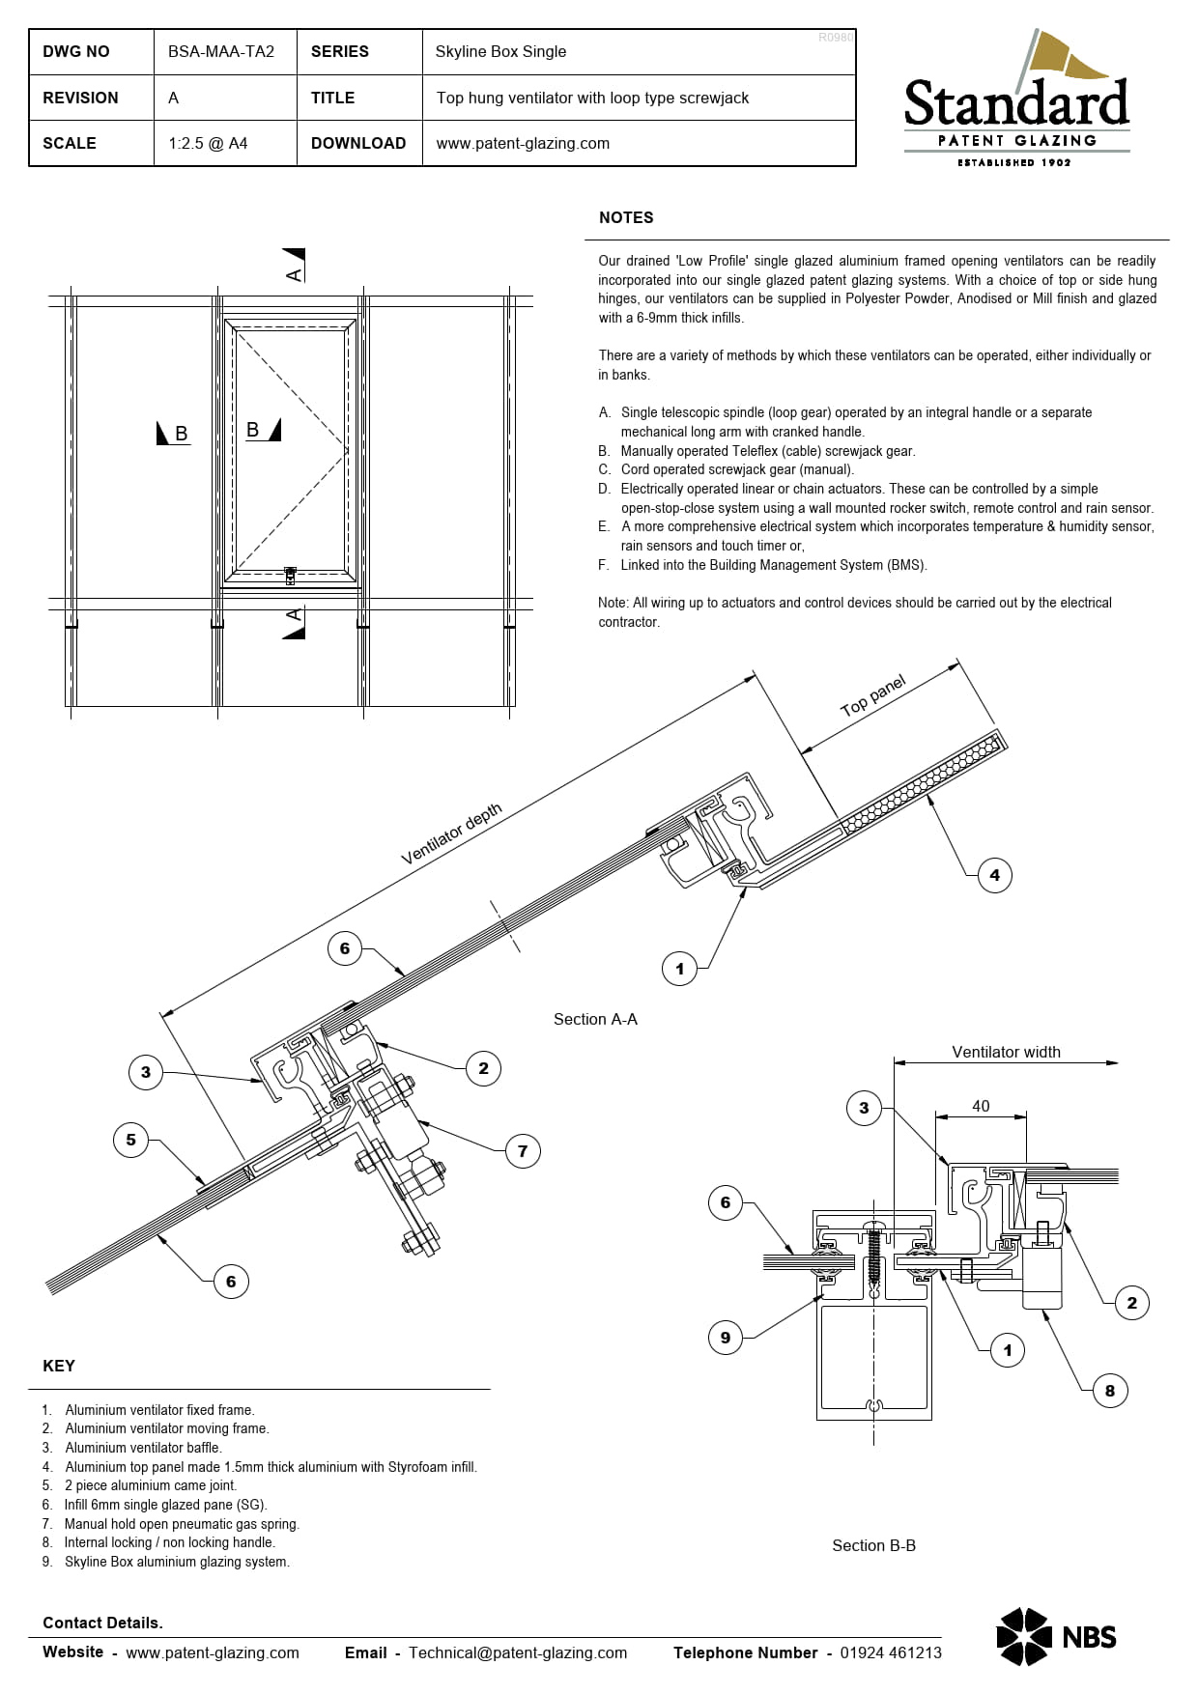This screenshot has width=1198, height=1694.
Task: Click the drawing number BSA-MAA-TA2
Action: click(221, 51)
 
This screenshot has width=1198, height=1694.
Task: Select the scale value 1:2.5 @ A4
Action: click(208, 143)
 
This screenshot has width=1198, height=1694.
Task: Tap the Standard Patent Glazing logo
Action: click(1016, 100)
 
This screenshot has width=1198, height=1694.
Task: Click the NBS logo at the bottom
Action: click(1056, 1636)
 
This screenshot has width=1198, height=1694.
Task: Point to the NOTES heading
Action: click(626, 217)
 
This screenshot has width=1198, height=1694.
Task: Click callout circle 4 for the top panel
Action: click(994, 875)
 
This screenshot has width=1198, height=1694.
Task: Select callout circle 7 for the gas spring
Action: click(523, 1150)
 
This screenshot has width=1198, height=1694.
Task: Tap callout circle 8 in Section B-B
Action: click(1109, 1391)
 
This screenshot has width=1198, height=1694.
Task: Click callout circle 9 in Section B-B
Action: click(726, 1338)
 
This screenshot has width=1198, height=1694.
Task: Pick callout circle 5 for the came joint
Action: click(131, 1140)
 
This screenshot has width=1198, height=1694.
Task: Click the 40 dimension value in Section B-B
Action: click(981, 1106)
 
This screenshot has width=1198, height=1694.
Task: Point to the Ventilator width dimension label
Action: click(1006, 1052)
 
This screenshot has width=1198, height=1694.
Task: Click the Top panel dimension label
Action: click(873, 696)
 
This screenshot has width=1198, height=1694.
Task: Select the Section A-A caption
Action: click(595, 1019)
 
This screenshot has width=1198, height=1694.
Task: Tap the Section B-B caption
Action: click(873, 1545)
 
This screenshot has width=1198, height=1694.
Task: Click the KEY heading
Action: click(59, 1366)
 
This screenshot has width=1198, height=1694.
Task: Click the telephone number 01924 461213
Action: click(890, 1652)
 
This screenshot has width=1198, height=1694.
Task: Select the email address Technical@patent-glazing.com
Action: click(518, 1652)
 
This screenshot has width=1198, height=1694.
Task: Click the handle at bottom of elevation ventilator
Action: click(291, 576)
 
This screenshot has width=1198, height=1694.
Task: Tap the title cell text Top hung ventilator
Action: click(592, 98)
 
